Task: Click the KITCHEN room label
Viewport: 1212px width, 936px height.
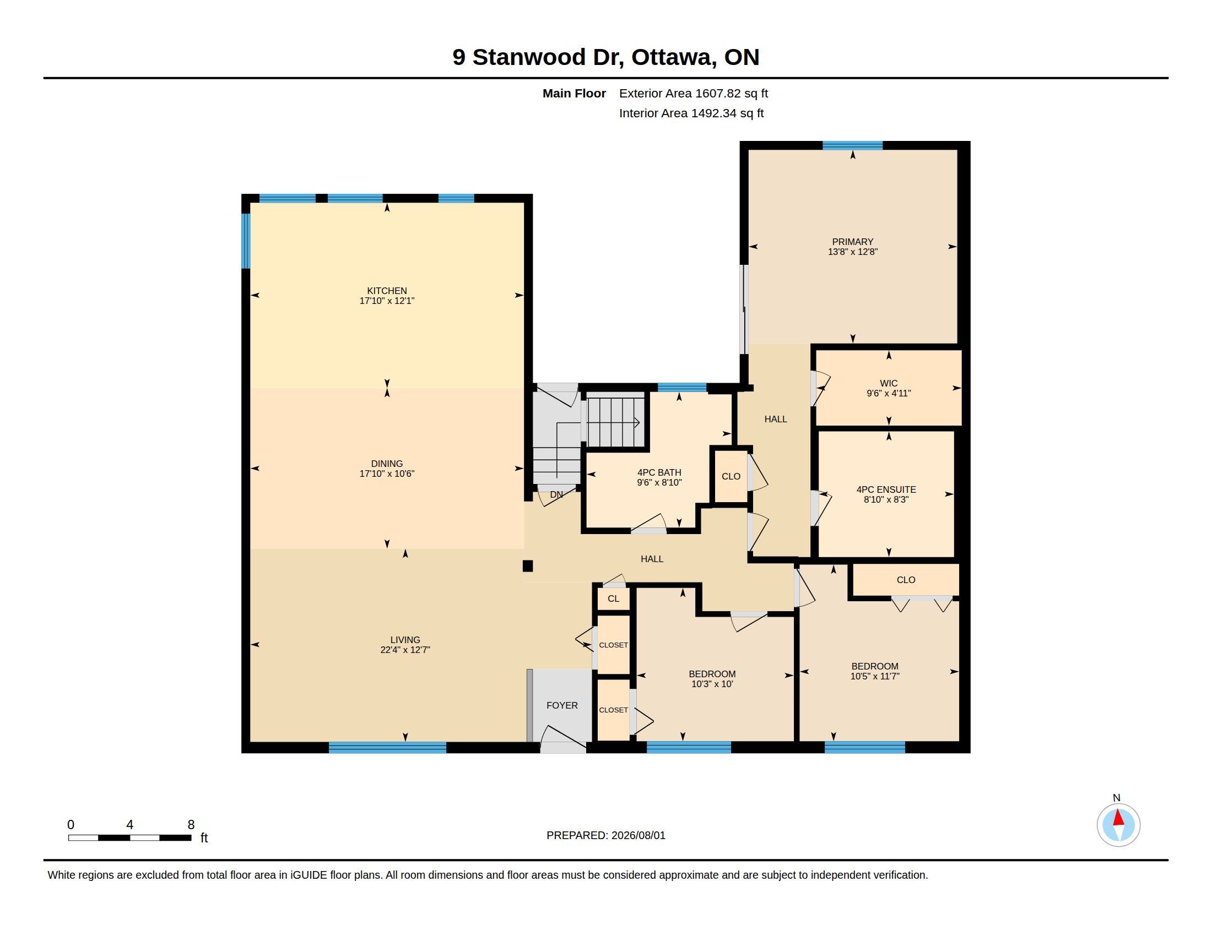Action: [387, 291]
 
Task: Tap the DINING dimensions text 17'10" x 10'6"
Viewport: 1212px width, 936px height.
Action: [387, 474]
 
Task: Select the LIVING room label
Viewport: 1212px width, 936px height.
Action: [405, 639]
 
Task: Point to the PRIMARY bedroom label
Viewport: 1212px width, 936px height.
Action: [852, 242]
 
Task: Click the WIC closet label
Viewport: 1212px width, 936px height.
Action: [889, 383]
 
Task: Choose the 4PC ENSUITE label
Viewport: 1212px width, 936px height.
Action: [886, 489]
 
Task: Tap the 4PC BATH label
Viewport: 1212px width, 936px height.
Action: [659, 472]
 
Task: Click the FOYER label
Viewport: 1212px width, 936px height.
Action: [562, 705]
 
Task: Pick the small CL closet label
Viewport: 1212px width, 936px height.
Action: [613, 599]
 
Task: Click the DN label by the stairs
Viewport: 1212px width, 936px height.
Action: [556, 494]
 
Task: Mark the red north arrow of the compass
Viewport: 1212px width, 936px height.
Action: [1119, 818]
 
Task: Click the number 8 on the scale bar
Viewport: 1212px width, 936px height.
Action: [191, 825]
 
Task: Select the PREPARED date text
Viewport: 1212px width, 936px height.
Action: [606, 835]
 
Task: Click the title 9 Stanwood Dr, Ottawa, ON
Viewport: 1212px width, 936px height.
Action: [606, 57]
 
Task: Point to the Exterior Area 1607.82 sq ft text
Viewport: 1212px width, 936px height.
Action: [694, 93]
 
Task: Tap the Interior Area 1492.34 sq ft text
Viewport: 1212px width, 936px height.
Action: [691, 113]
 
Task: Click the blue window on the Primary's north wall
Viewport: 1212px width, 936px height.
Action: [852, 145]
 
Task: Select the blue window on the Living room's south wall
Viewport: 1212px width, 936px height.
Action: [387, 748]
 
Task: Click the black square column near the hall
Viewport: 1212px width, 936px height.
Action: [528, 566]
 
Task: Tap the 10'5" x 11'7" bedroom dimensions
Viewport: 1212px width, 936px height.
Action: [875, 677]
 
